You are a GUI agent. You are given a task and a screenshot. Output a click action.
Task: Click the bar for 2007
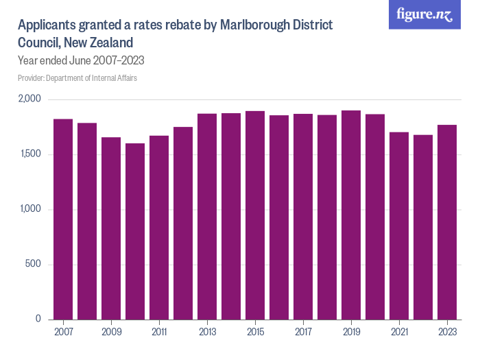63,219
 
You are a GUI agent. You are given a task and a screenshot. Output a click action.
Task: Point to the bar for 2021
399,226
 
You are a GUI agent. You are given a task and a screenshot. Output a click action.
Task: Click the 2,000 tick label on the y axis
29,99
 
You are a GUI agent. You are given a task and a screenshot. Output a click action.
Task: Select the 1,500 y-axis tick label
30,154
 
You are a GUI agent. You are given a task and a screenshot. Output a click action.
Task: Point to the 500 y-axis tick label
34,265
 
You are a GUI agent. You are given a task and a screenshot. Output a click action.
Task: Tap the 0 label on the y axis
38,320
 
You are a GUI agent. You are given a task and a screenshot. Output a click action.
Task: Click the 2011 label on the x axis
159,331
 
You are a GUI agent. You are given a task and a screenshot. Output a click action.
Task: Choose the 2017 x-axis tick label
303,331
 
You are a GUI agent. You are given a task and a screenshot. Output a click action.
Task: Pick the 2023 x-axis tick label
447,331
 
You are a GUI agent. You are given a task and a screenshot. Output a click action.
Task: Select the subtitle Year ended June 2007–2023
80,60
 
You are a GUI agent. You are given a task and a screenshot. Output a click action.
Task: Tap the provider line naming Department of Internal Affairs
77,78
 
